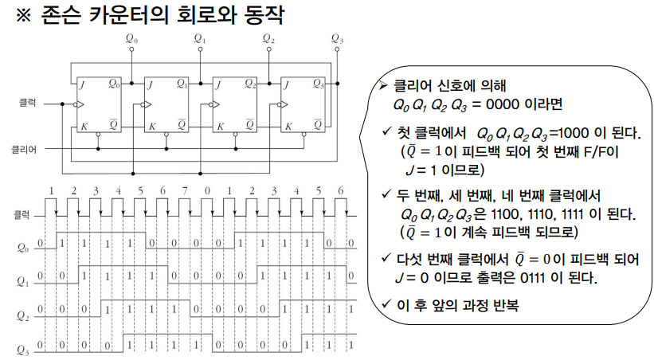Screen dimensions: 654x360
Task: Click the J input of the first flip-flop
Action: click(82, 83)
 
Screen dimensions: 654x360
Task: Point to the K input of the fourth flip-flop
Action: click(287, 125)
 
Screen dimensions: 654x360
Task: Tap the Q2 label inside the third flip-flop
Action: click(250, 83)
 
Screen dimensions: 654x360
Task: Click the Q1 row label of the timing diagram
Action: click(22, 280)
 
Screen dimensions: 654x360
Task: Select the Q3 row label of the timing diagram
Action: click(22, 348)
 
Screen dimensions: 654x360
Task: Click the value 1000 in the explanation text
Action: click(568, 132)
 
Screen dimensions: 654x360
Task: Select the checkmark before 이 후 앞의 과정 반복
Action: click(386, 303)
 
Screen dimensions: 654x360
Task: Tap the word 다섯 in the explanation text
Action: click(411, 261)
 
